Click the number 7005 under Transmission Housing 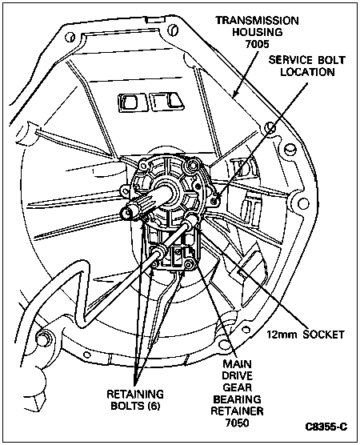(x=258, y=44)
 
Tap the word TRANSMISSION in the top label (x=257, y=21)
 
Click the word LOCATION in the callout (x=307, y=72)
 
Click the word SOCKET (x=323, y=335)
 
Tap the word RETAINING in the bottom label (x=135, y=394)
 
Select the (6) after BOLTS (x=154, y=406)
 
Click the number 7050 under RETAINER (x=237, y=423)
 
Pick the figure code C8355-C (x=326, y=427)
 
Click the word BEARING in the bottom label (x=237, y=399)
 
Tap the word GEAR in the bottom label (x=237, y=387)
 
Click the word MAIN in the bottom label (x=237, y=363)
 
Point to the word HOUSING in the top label (x=258, y=32)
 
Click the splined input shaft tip (x=127, y=213)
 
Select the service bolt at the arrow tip (x=216, y=201)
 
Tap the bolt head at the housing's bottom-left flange (x=42, y=338)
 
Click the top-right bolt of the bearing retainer (x=193, y=164)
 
